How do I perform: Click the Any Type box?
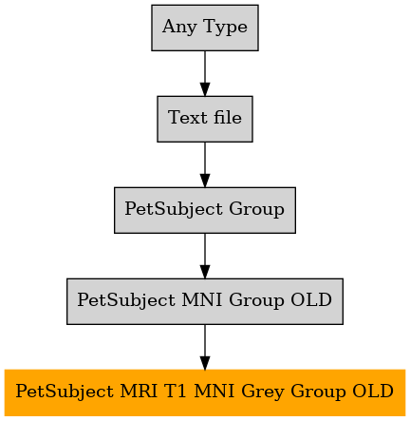[205, 28]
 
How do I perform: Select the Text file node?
[205, 119]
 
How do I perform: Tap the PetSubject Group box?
[205, 210]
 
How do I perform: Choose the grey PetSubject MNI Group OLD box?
[205, 301]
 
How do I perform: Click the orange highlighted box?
[205, 392]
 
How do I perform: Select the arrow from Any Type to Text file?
[205, 73]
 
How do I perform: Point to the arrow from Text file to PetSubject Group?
[205, 164]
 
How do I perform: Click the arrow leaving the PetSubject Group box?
[205, 256]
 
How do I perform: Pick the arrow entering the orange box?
[205, 347]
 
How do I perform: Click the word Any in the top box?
[179, 27]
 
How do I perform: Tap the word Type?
[225, 27]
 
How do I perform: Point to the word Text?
[187, 118]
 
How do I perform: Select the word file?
[228, 117]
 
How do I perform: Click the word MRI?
[139, 391]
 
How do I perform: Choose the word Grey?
[262, 392]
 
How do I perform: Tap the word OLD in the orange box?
[373, 391]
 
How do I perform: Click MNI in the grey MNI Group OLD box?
[201, 299]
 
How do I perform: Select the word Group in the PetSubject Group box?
[256, 210]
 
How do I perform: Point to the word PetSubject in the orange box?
[65, 392]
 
